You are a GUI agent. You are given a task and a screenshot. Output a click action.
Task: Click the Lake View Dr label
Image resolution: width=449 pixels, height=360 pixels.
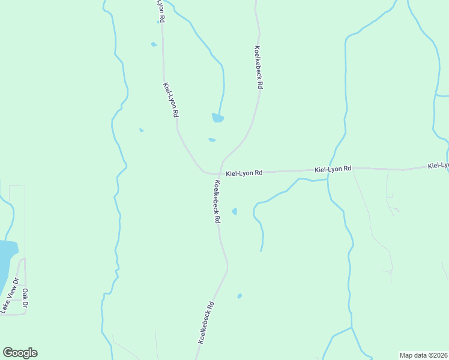pos(9,296)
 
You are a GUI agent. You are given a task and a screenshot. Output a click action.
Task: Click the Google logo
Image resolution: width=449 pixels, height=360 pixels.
pos(20,353)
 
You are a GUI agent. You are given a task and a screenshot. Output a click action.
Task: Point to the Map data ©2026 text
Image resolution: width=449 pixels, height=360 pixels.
pos(423,355)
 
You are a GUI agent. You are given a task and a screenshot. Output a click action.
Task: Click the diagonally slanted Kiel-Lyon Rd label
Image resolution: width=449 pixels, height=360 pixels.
pos(170,100)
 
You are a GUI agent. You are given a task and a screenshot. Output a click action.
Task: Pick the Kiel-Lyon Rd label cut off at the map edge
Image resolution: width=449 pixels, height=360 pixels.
pos(438,165)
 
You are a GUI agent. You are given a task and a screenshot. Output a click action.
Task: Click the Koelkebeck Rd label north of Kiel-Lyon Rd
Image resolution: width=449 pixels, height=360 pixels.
pos(258,68)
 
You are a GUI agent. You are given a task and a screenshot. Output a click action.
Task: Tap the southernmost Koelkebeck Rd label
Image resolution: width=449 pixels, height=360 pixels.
pos(206,322)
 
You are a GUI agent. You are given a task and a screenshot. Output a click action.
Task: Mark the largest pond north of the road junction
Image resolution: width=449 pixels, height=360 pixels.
pos(217,118)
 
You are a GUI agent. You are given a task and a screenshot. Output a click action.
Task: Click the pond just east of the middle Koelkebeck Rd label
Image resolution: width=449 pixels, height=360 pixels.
pos(235,211)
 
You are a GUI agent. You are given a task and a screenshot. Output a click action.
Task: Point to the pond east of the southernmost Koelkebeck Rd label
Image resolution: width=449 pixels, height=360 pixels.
pos(240,296)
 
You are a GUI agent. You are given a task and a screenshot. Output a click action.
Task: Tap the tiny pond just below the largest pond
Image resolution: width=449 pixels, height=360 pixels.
pos(212,140)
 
